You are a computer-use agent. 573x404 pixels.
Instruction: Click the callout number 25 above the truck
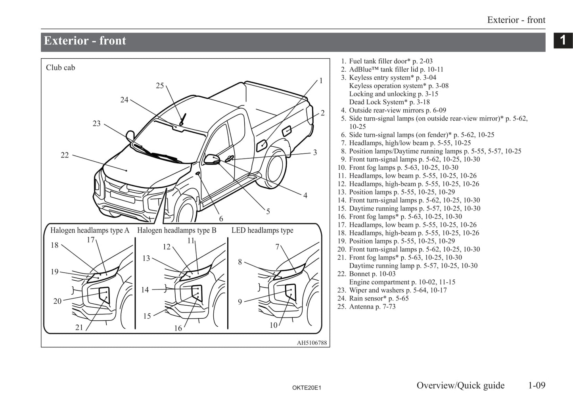[x=160, y=86]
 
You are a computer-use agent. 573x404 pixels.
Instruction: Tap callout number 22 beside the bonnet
[x=65, y=155]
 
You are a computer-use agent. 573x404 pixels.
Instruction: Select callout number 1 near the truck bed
[x=321, y=81]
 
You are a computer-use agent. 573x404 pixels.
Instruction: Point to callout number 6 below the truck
[x=221, y=218]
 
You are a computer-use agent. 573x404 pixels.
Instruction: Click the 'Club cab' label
[x=60, y=67]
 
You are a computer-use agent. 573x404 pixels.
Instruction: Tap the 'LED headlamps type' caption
[x=262, y=230]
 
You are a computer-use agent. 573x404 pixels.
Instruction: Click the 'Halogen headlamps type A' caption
[x=90, y=230]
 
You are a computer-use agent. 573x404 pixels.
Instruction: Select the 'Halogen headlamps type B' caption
[x=177, y=230]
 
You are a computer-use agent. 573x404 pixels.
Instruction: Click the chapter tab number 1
[x=563, y=40]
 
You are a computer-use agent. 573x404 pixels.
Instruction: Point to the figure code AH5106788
[x=312, y=343]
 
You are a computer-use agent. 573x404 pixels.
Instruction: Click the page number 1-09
[x=536, y=385]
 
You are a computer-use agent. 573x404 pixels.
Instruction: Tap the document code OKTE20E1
[x=307, y=388]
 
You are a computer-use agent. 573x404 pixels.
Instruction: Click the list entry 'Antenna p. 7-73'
[x=372, y=306]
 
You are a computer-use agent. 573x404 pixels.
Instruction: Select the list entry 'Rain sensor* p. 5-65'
[x=378, y=298]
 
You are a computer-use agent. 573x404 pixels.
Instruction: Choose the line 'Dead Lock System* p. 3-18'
[x=389, y=102]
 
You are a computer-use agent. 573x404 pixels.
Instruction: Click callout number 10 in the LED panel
[x=273, y=325]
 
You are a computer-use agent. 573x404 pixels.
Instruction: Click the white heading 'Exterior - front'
[x=85, y=41]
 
